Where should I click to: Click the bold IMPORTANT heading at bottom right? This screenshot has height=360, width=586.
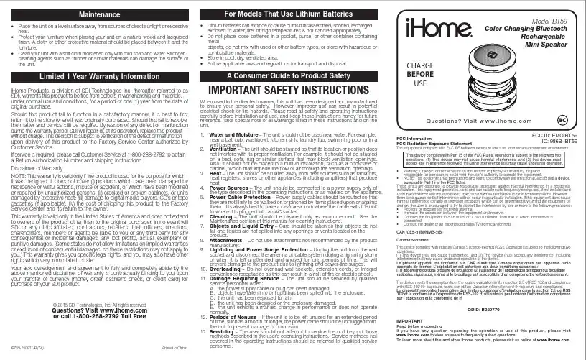click(410, 320)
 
